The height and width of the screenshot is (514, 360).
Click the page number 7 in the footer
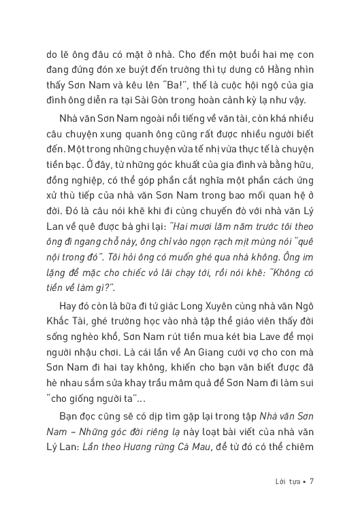311,483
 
